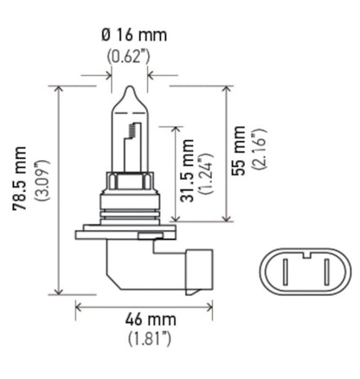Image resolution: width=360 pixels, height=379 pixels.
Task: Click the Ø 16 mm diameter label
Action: pyautogui.click(x=133, y=35)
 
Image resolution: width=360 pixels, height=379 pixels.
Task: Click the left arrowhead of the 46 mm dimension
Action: pyautogui.click(x=79, y=305)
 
